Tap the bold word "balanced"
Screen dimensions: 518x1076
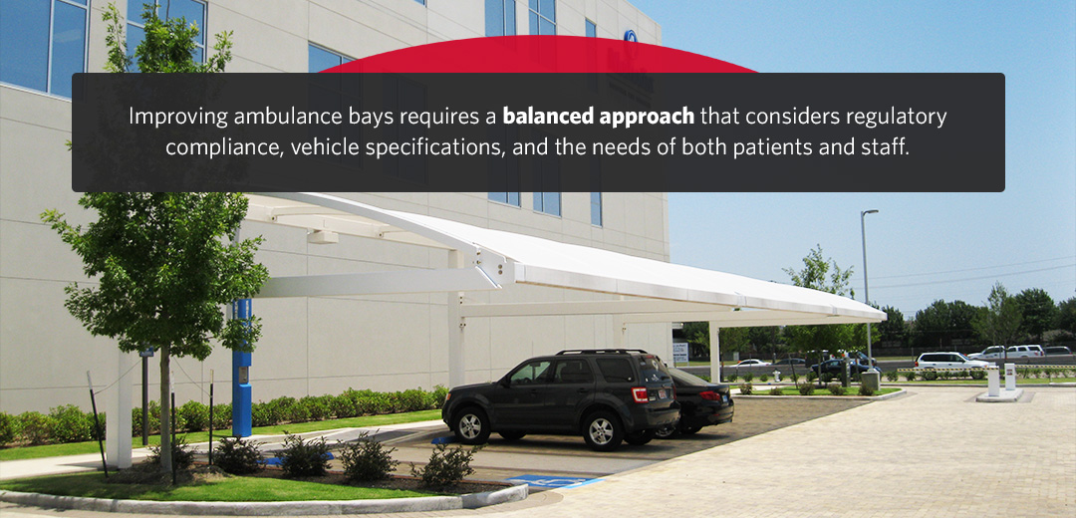coord(549,117)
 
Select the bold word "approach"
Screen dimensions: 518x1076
coord(647,118)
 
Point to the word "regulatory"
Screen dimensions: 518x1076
coord(895,117)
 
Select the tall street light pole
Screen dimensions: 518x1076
coord(864,289)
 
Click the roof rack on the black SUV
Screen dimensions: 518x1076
coord(598,352)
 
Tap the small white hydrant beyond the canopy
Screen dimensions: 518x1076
coord(776,376)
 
